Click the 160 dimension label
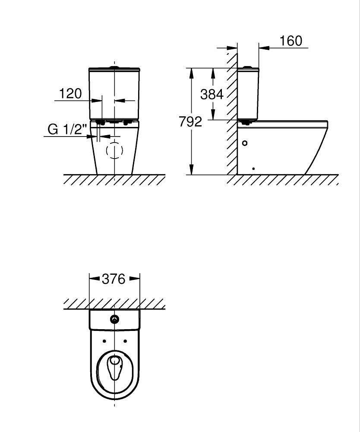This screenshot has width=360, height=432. pyautogui.click(x=291, y=41)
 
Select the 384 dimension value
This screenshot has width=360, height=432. pyautogui.click(x=212, y=94)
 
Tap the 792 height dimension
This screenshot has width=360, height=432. pyautogui.click(x=190, y=121)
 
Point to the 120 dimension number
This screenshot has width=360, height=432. pyautogui.click(x=70, y=93)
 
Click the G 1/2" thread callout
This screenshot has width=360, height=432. pyautogui.click(x=67, y=129)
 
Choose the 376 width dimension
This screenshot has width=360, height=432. pyautogui.click(x=114, y=279)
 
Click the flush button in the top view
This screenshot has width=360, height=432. pyautogui.click(x=115, y=319)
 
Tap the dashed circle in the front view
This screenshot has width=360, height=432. pyautogui.click(x=114, y=150)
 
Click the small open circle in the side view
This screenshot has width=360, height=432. pyautogui.click(x=245, y=143)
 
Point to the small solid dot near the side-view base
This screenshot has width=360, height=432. pyautogui.click(x=253, y=168)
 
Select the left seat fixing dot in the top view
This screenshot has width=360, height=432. pyautogui.click(x=104, y=341)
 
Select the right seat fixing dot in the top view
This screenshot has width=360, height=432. pyautogui.click(x=125, y=341)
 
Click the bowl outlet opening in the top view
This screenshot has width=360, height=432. pyautogui.click(x=114, y=367)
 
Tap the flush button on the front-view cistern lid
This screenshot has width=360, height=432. pyautogui.click(x=114, y=67)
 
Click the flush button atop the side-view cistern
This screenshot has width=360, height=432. pyautogui.click(x=248, y=67)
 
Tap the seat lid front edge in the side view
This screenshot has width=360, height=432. pyautogui.click(x=327, y=124)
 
